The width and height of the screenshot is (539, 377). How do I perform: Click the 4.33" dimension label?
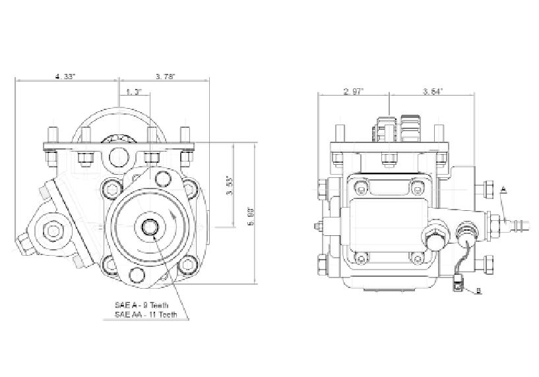(65, 77)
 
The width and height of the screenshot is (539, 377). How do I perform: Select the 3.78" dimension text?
(165, 77)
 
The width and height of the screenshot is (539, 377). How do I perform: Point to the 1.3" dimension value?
(134, 92)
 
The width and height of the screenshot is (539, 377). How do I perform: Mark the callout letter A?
(503, 189)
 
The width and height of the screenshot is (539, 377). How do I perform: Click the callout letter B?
(479, 291)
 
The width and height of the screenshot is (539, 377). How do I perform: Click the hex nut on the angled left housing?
(51, 230)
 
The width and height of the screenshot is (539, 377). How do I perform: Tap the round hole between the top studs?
(119, 157)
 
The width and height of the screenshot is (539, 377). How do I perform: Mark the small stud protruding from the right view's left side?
(318, 227)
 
